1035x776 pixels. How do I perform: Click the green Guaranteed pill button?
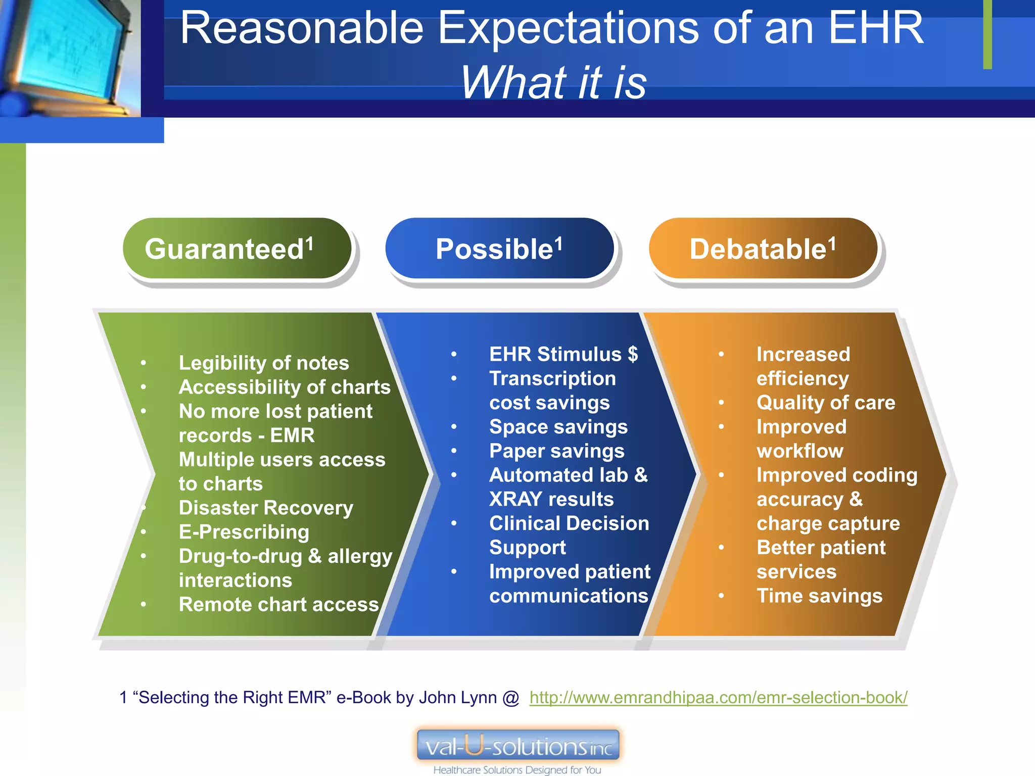tap(237, 249)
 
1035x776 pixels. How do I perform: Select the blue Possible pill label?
tap(499, 249)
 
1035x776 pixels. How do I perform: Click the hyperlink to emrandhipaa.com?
tap(718, 698)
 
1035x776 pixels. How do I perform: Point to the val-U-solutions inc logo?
tap(517, 746)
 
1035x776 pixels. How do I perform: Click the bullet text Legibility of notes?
tap(263, 363)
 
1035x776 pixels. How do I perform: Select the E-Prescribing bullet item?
tap(244, 532)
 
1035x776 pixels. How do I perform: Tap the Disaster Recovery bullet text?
tap(266, 508)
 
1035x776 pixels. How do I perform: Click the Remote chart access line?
tap(278, 604)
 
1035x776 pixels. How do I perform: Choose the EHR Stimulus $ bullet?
tap(563, 354)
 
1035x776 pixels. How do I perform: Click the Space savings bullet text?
tap(558, 427)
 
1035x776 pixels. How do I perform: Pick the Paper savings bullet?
tap(556, 451)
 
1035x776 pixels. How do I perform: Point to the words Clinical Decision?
tap(569, 523)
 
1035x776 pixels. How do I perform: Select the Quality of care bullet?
tap(825, 403)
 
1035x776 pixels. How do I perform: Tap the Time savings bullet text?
tap(819, 596)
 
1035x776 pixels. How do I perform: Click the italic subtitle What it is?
tap(553, 82)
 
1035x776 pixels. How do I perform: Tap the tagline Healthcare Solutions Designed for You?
tap(517, 769)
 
